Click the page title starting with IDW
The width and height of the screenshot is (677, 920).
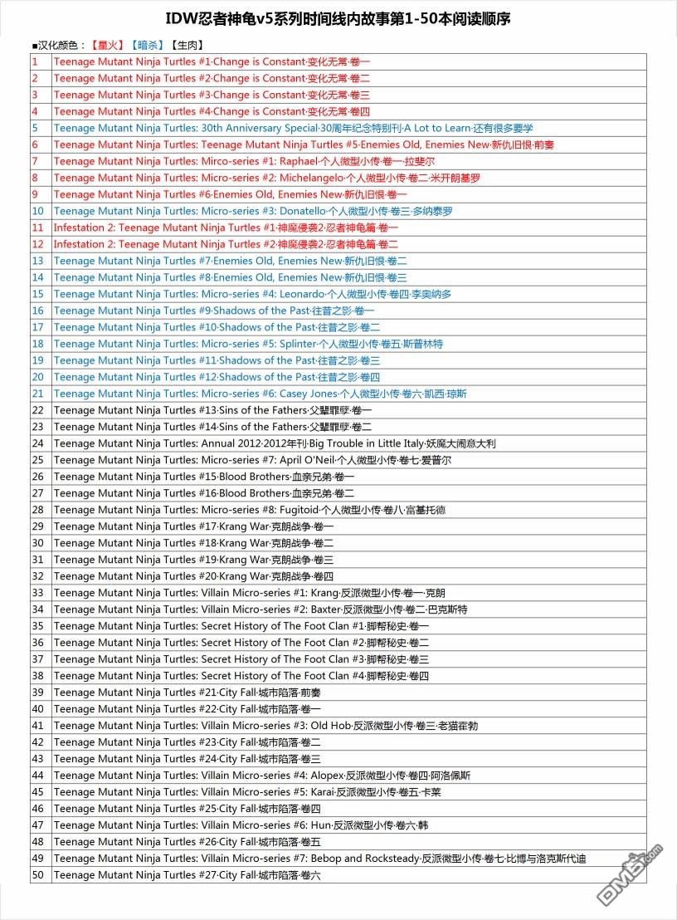point(338,17)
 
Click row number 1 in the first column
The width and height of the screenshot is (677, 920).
point(35,61)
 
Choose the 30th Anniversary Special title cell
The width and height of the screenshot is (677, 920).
point(293,128)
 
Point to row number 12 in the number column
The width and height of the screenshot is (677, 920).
point(37,244)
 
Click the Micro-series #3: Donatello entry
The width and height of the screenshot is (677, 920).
point(253,211)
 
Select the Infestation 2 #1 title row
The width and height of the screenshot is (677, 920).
point(226,228)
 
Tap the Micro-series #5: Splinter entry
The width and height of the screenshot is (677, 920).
point(248,344)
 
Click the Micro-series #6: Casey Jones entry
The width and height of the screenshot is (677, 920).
point(260,394)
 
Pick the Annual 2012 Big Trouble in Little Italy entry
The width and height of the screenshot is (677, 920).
point(275,443)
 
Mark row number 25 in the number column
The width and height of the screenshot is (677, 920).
point(37,460)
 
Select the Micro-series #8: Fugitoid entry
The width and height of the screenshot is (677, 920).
point(255,510)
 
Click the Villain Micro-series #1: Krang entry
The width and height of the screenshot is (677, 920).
point(249,593)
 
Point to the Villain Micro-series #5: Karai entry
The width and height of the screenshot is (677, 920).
point(247,792)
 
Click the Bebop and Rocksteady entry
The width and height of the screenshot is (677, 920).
point(320,859)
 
